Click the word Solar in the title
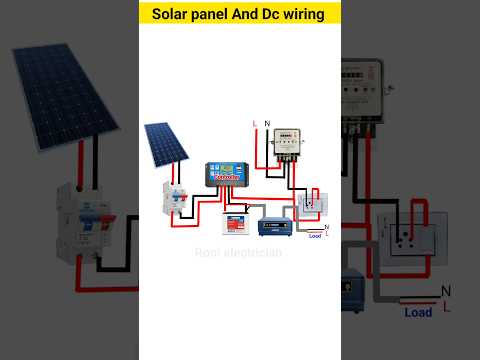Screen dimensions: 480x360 (172, 14)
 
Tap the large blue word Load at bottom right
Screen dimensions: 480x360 (418, 312)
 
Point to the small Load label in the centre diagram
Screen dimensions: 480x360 (315, 236)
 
